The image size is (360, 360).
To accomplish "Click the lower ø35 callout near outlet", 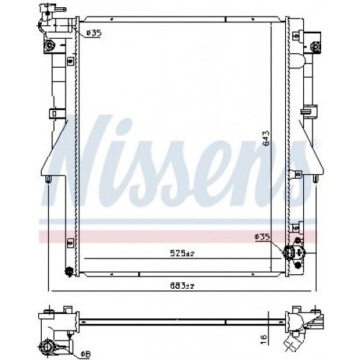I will (262, 236).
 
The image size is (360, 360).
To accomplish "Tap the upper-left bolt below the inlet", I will (51, 48).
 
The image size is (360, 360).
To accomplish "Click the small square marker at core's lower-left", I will (68, 240).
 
